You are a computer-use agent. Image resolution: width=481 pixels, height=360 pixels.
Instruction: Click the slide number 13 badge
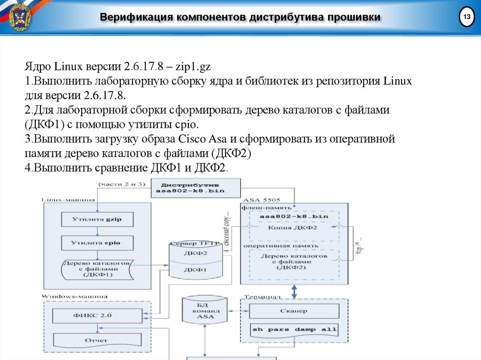click(466, 18)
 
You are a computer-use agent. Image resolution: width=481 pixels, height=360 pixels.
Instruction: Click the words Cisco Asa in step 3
click(198, 139)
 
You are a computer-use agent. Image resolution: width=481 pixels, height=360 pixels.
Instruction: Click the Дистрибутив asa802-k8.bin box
click(194, 187)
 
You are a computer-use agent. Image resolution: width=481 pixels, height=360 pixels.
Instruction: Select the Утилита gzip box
click(97, 219)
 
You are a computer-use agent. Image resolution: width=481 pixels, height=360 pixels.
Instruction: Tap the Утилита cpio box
click(97, 243)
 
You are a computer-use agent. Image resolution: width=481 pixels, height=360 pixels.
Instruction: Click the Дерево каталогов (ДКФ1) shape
click(97, 269)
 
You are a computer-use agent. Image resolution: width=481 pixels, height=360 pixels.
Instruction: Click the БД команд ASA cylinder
click(205, 312)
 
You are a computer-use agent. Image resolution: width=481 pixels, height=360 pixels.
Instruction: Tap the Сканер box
click(294, 311)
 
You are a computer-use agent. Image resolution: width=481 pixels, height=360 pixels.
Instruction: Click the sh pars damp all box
click(295, 329)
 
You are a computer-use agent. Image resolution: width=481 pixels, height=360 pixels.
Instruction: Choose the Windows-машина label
click(75, 297)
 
